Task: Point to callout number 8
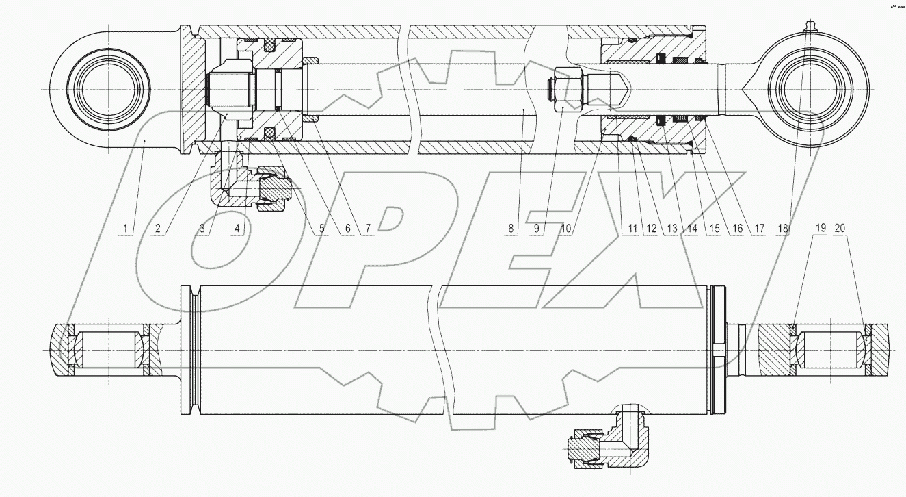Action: pos(511,229)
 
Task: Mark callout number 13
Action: pos(671,229)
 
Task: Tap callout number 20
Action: pos(841,229)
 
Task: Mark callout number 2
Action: pos(157,229)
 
